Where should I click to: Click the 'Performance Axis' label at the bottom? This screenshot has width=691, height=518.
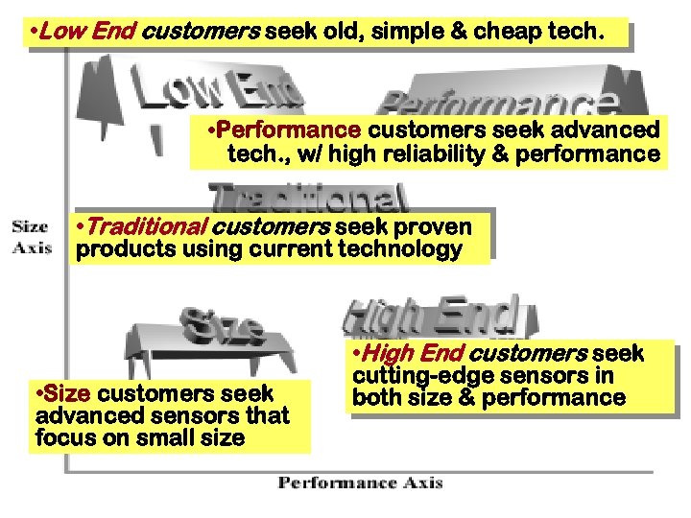pos(360,483)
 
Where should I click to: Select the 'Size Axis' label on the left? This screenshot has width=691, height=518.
pos(31,237)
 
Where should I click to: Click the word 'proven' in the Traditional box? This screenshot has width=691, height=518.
pos(432,227)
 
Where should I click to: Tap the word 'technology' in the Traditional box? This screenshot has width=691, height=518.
pos(401,250)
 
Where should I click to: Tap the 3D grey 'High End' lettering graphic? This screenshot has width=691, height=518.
pos(432,314)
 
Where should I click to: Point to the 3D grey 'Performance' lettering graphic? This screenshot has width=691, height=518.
pos(499,104)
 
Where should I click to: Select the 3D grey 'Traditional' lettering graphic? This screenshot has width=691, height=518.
pos(307,198)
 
